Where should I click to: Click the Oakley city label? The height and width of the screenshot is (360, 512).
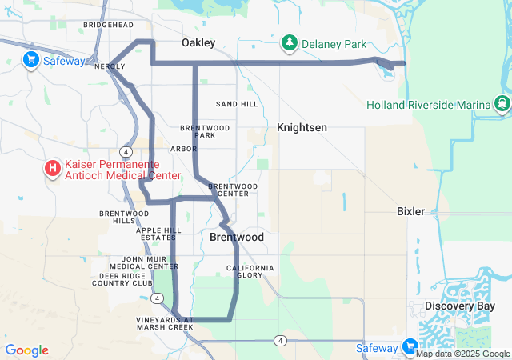[x=198, y=42]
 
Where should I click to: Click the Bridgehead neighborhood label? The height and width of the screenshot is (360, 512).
[x=108, y=25]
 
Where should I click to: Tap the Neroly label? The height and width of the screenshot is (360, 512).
[x=110, y=67]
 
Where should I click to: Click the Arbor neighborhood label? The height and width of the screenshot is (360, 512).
[x=183, y=149]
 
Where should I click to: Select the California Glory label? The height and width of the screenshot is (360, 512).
[x=250, y=271]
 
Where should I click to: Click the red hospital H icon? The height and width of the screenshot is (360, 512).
[x=53, y=168]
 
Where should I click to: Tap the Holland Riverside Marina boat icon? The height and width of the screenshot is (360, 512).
[x=502, y=104]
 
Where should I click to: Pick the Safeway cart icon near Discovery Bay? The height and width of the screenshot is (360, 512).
[x=410, y=347]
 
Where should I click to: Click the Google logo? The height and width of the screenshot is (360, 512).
[x=26, y=350]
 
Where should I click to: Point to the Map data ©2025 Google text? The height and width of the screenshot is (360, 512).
[x=463, y=354]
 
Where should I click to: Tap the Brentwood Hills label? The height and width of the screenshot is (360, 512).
[x=118, y=217]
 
